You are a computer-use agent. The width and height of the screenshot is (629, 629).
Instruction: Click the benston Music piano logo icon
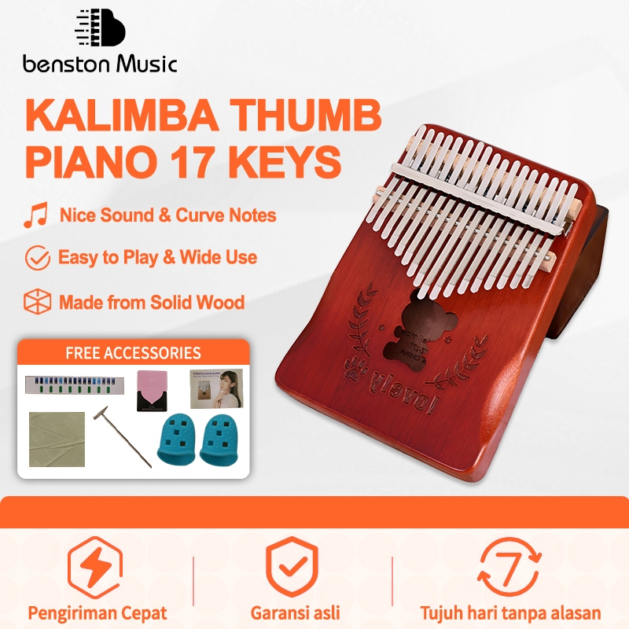(100, 31)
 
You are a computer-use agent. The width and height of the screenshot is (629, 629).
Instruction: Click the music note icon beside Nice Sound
(35, 215)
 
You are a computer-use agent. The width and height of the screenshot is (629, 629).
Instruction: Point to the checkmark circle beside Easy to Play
(36, 257)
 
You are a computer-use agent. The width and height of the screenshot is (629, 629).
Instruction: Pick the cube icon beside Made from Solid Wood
(36, 302)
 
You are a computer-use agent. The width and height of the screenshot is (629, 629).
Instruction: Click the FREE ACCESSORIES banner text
(133, 353)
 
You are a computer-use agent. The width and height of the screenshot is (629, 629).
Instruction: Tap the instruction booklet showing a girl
(216, 389)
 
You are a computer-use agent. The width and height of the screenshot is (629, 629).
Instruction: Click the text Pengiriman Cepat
(97, 613)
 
